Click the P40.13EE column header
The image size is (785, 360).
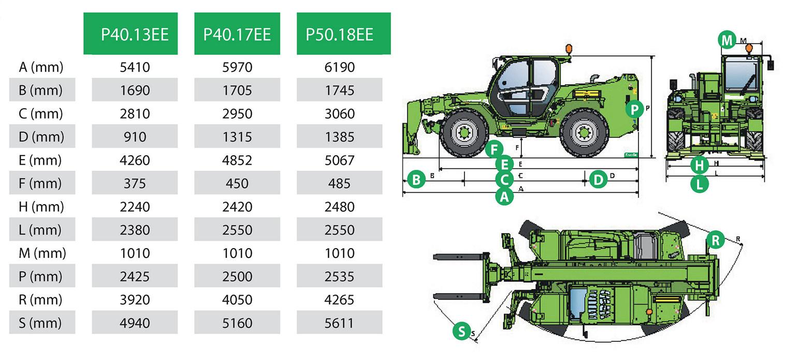[135, 35]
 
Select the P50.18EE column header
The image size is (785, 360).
[339, 35]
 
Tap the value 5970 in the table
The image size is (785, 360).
[237, 67]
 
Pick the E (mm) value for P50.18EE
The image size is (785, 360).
[339, 160]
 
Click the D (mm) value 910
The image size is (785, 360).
[135, 137]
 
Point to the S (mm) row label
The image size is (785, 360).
[40, 323]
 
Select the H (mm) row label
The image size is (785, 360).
[41, 207]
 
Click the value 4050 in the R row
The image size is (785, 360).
[237, 300]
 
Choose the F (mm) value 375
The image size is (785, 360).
[135, 183]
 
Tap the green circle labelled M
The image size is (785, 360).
[727, 40]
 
